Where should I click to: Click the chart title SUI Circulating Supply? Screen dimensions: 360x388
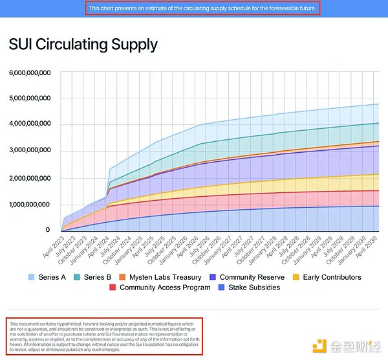[x=83, y=44]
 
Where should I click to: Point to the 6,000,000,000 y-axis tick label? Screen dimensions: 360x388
[x=30, y=73]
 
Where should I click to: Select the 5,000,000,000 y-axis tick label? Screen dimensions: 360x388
[x=30, y=98]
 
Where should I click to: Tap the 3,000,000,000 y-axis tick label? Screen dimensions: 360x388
[x=30, y=152]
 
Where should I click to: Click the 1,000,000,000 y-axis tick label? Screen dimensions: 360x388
[x=30, y=205]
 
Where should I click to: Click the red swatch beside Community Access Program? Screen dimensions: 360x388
[x=113, y=287]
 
